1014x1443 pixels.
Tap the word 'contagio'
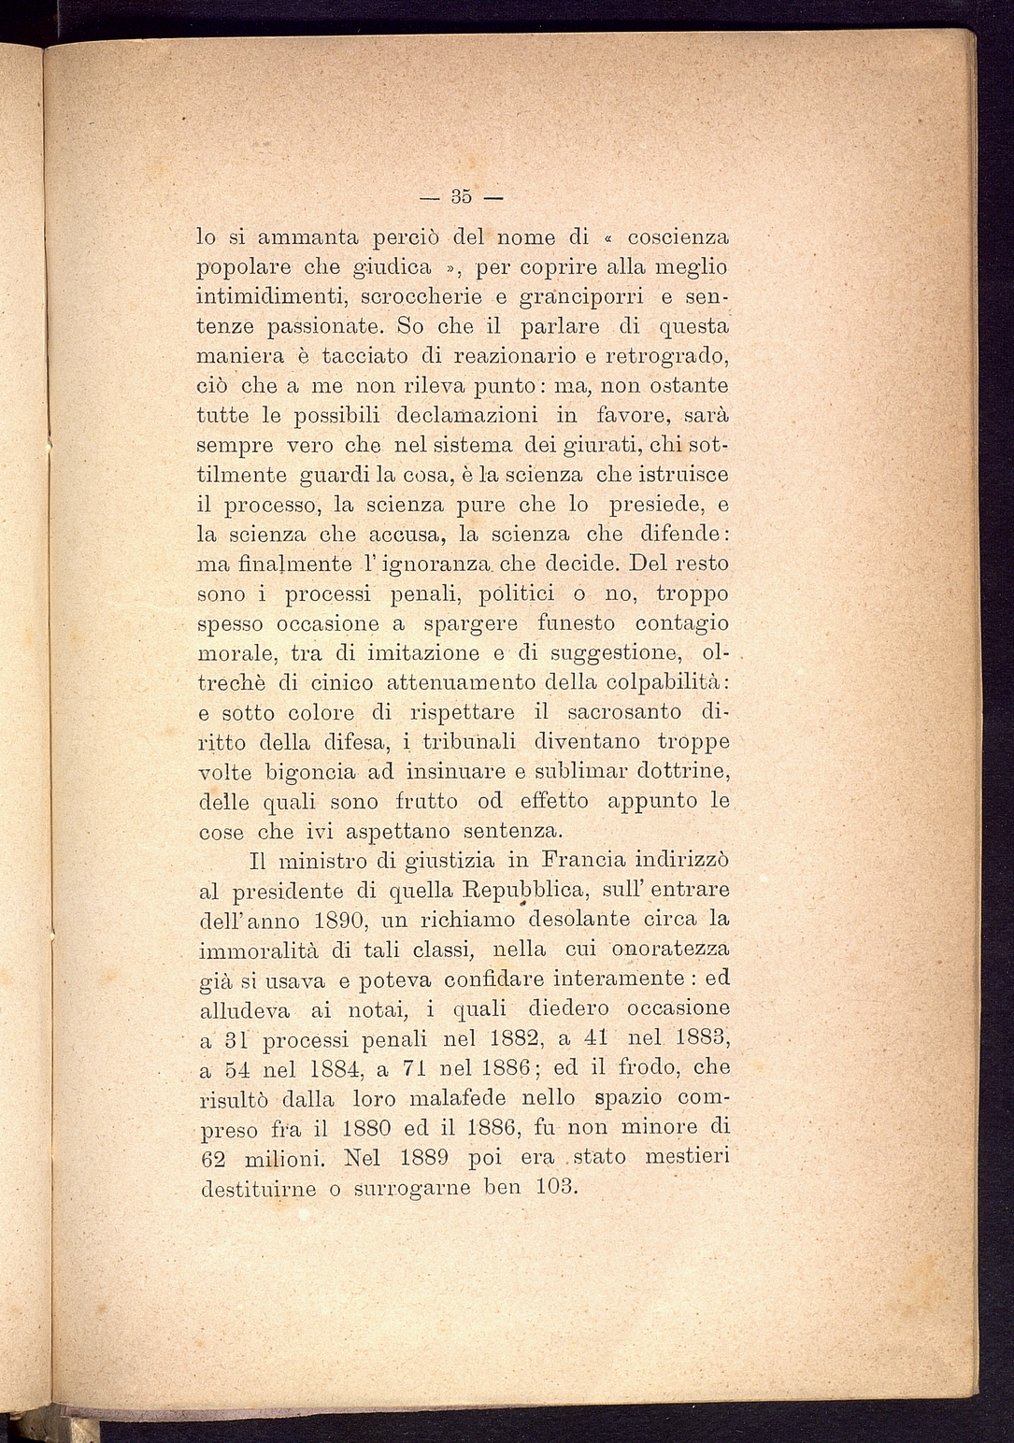click(681, 624)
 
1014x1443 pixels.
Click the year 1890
click(335, 920)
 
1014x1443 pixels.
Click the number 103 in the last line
click(557, 1188)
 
